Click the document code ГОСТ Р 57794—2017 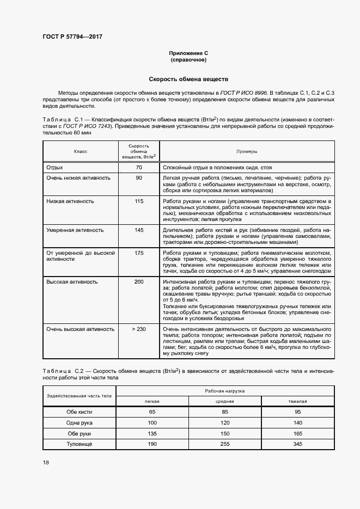tap(72, 36)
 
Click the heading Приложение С tap(188, 53)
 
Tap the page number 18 tap(46, 462)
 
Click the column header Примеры tap(247, 151)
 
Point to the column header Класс tap(81, 151)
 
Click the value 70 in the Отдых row tap(139, 168)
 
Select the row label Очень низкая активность tap(78, 178)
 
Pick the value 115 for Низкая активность tap(139, 201)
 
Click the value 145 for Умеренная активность tap(139, 230)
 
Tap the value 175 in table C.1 tap(139, 253)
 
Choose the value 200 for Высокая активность tap(139, 282)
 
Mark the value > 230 tap(139, 329)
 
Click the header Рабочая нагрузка tap(225, 391)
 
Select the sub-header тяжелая tap(298, 401)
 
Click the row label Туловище tap(80, 444)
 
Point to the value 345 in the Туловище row tap(298, 444)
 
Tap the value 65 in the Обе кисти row tap(152, 412)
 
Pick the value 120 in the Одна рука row tap(225, 423)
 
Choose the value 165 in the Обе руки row tap(298, 434)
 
